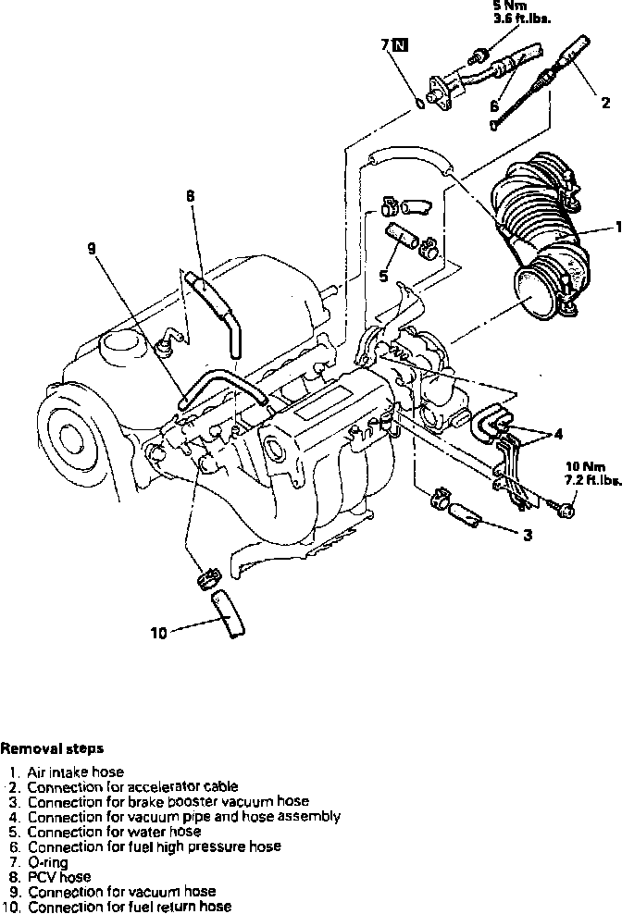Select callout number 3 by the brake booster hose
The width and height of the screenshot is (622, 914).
[527, 536]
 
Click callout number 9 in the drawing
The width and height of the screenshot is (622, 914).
[92, 248]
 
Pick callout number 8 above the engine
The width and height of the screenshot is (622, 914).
[190, 196]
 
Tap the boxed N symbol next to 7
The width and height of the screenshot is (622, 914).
[401, 43]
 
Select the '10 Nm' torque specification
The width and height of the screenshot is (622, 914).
[578, 467]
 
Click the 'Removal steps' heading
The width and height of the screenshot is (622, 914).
[52, 747]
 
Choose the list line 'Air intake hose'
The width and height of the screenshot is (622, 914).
[75, 772]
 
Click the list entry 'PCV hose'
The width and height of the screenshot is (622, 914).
[59, 877]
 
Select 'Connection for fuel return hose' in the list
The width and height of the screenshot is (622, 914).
[130, 907]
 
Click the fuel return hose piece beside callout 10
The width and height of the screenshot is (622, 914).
[227, 615]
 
